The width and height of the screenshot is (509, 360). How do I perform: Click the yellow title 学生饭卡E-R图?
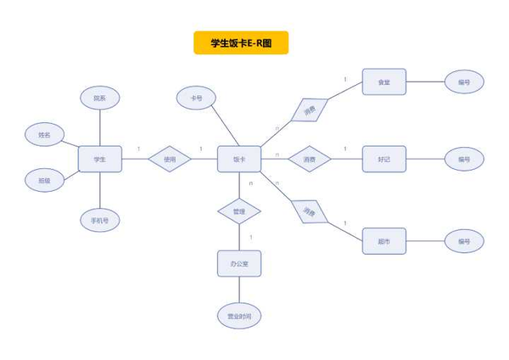[241, 42]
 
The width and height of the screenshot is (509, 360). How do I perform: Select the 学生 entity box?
[100, 159]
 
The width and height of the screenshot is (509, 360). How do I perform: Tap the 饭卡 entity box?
[239, 159]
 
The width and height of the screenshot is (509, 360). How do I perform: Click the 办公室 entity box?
[238, 263]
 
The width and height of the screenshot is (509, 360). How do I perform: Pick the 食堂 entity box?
[383, 82]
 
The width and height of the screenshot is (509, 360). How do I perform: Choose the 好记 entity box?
[383, 159]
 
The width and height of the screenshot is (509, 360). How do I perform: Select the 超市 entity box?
[383, 241]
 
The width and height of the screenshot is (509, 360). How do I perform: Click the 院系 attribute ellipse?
[100, 98]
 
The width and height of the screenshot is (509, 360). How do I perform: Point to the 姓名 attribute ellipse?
[44, 135]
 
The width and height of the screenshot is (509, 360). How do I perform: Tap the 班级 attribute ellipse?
[44, 180]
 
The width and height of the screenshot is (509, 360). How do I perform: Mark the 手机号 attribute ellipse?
[100, 220]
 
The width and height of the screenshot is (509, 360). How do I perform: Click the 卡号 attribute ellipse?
[197, 98]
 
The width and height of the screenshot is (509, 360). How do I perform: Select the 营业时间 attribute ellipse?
[238, 316]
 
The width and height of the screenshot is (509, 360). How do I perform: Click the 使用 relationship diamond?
[170, 159]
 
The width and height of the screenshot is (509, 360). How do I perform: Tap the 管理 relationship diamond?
[238, 211]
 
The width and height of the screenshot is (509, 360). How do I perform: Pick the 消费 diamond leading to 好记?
[310, 159]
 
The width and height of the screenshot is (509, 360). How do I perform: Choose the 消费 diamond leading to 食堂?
[310, 110]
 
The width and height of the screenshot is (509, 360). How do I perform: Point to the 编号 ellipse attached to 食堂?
[464, 82]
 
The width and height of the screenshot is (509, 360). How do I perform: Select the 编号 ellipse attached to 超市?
[464, 241]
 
